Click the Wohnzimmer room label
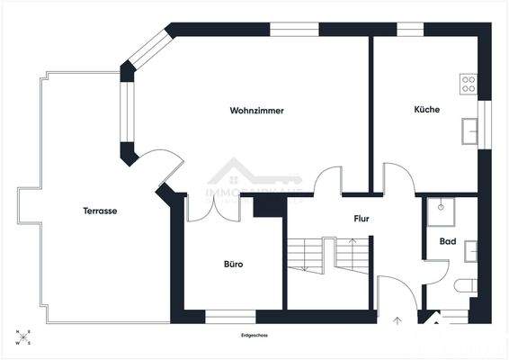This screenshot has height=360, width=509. [x=257, y=111]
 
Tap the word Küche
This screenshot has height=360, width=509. [x=426, y=110]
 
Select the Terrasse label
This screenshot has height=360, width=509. [x=100, y=211]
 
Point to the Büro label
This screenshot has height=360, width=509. [x=234, y=264]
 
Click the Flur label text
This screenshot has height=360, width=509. [x=362, y=218]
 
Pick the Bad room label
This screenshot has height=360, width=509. [x=448, y=241]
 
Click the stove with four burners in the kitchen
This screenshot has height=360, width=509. [x=469, y=84]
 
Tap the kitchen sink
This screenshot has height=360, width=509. [x=469, y=131]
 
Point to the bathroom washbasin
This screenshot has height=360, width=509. [x=470, y=249]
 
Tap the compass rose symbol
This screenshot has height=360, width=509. [x=23, y=337]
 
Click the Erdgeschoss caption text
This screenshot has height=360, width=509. [x=254, y=335]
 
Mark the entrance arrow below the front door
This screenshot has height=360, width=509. [x=397, y=319]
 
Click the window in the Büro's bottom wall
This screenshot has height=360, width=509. [x=230, y=316]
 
